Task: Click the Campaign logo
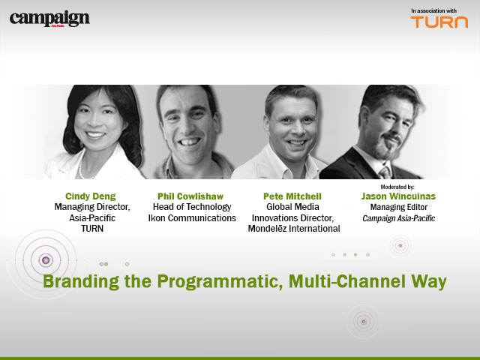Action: point(49,19)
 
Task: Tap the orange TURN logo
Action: point(439,22)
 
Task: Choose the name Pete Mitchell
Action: point(293,196)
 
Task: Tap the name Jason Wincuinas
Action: point(399,196)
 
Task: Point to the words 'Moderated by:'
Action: point(398,186)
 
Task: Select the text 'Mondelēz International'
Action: point(293,229)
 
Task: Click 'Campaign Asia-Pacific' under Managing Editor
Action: point(399,217)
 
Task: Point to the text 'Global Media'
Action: point(293,207)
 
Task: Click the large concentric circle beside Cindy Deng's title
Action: point(46,259)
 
